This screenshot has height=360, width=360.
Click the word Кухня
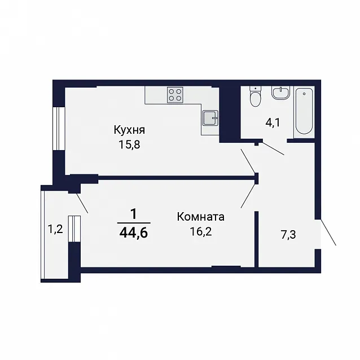point(129,130)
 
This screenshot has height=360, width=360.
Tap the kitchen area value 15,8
point(129,144)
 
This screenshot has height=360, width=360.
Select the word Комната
point(201,217)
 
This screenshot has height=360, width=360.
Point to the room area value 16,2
point(201,232)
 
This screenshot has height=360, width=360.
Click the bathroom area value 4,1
point(273,123)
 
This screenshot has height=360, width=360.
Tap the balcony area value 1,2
point(55,229)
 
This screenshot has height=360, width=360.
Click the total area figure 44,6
point(134,233)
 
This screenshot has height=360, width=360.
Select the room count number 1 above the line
point(133,214)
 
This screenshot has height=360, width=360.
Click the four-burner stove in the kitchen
point(175,95)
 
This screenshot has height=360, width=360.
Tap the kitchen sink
point(210,117)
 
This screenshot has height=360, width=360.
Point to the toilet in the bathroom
point(255,96)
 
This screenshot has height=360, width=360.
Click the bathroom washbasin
point(281,93)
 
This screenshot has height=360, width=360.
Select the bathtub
point(304,111)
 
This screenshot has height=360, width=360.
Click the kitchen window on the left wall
point(59,129)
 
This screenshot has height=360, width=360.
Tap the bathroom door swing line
point(274,149)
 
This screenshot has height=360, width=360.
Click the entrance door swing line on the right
point(328,232)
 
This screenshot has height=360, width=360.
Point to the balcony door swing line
point(82,204)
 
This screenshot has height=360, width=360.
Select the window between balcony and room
point(74,229)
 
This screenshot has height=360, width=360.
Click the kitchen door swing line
point(248,161)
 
